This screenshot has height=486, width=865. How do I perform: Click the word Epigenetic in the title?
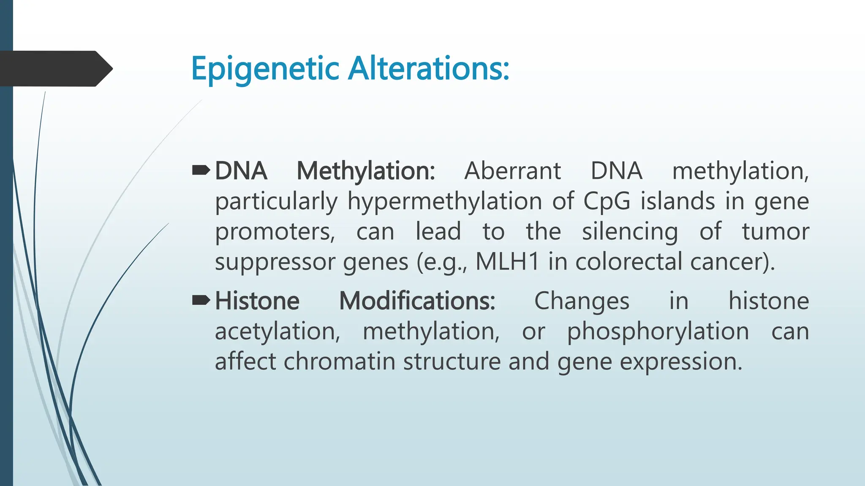pos(265,69)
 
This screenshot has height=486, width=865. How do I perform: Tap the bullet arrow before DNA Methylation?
pos(201,170)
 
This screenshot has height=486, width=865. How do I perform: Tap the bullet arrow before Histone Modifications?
pos(201,300)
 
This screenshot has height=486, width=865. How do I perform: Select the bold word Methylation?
pos(366,171)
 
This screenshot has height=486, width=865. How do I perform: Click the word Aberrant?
pos(512,171)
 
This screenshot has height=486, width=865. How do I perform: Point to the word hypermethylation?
pos(445,202)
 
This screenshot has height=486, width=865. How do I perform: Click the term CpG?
pos(607,202)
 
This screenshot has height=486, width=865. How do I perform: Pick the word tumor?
pos(775,232)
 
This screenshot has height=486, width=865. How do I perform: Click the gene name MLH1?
pos(507,262)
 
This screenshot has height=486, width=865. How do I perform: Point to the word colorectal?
pos(628,262)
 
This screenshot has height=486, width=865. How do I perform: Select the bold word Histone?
pos(257,301)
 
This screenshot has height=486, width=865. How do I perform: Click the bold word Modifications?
pos(417,301)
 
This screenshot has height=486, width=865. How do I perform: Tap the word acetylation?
pos(277,331)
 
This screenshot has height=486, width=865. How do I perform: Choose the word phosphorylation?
pos(658,332)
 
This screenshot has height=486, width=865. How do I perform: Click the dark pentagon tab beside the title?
pos(55,69)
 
